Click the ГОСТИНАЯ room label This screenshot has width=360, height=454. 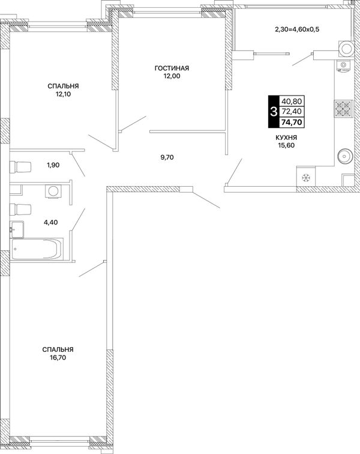click(172, 68)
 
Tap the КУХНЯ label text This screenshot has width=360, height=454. click(286, 138)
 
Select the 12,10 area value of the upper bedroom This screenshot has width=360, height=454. click(64, 94)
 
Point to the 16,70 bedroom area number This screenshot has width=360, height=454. click(58, 357)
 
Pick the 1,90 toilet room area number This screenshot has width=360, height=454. click(53, 165)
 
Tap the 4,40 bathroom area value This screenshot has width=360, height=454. click(50, 222)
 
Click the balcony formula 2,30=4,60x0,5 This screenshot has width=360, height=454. click(297, 29)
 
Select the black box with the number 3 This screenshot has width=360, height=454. click(273, 112)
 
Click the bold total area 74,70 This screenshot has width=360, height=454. click(292, 123)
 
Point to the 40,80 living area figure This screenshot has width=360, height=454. click(292, 101)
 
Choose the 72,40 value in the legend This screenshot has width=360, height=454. click(292, 111)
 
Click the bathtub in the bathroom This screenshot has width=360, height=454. click(37, 249)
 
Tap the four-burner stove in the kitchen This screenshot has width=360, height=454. click(343, 109)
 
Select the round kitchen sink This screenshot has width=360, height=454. click(344, 157)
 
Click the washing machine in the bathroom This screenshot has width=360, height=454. click(53, 191)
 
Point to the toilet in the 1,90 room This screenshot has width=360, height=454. click(20, 167)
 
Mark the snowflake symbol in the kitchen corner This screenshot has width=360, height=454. click(306, 178)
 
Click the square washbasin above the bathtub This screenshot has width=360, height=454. click(17, 229)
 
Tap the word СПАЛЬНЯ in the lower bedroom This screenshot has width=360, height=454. click(58, 350)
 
